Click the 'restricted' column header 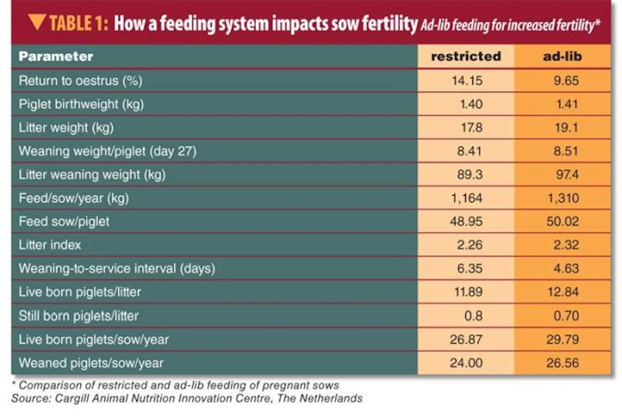point(465,56)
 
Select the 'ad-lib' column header point(562,56)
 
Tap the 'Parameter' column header point(56,56)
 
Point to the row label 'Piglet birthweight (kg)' point(81,104)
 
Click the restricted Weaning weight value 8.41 point(471,151)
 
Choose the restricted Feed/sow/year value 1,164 point(467,198)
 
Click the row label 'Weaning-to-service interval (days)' point(117,269)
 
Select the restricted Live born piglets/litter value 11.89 point(469,292)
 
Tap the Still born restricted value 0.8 point(473,315)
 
